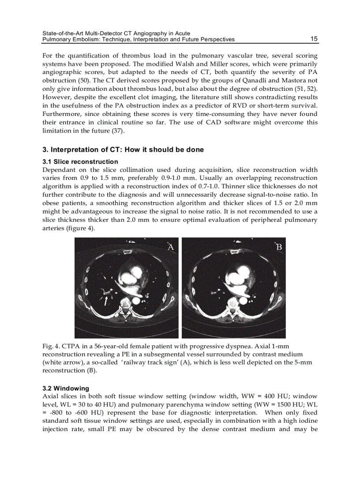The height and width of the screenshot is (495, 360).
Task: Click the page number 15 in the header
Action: point(314,39)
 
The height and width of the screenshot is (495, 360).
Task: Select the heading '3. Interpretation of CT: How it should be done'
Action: point(123,150)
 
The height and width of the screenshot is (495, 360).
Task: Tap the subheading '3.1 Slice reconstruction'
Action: point(80,162)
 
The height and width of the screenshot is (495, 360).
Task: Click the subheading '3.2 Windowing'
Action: point(65,388)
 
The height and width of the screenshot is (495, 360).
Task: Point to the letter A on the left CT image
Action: point(171,247)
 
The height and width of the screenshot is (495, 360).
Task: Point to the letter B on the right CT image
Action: point(279,247)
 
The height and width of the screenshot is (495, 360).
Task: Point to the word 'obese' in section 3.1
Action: point(51,203)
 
